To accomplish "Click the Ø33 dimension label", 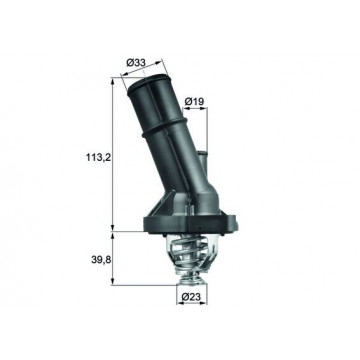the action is pyautogui.click(x=136, y=62).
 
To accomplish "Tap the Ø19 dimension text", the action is pyautogui.click(x=194, y=101).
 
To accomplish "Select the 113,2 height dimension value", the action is pyautogui.click(x=97, y=158).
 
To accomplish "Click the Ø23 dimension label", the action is pyautogui.click(x=191, y=296).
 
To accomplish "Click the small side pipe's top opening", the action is pyautogui.click(x=202, y=153).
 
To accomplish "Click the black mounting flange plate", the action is pyautogui.click(x=190, y=224).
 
